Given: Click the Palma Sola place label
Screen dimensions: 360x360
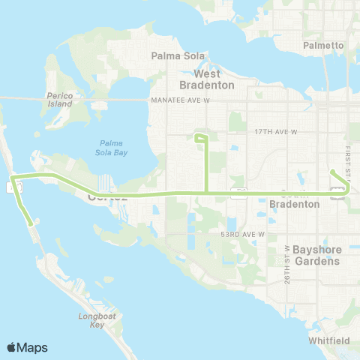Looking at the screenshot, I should [x=173, y=55].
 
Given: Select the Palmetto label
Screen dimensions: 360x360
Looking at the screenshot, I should [x=323, y=45].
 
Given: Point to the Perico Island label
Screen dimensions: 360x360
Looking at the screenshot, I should [x=58, y=100].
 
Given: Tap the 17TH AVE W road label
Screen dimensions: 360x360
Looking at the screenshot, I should [x=276, y=131].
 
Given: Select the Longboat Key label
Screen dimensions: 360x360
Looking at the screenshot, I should [x=97, y=321].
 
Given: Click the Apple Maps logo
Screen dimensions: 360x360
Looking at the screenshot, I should [x=27, y=347].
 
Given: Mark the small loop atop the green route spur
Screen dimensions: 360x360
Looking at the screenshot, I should [x=200, y=138].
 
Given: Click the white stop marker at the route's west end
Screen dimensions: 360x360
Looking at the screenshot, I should [x=15, y=187].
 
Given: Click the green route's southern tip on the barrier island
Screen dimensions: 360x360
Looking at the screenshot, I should [x=29, y=223].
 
